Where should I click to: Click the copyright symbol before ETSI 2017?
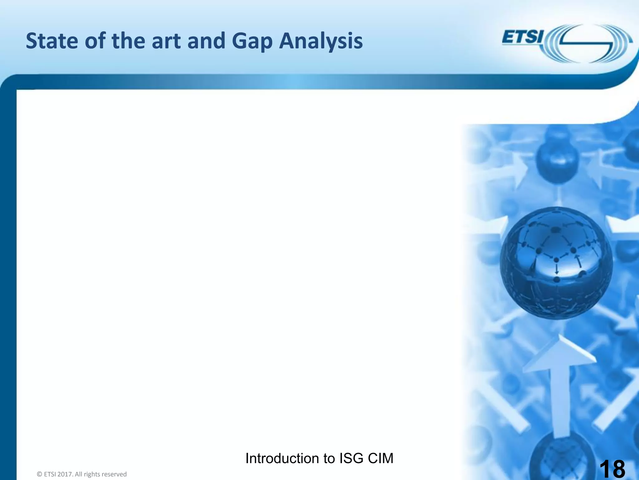[39, 474]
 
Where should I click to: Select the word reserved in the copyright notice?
[114, 474]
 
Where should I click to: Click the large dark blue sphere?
[556, 263]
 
